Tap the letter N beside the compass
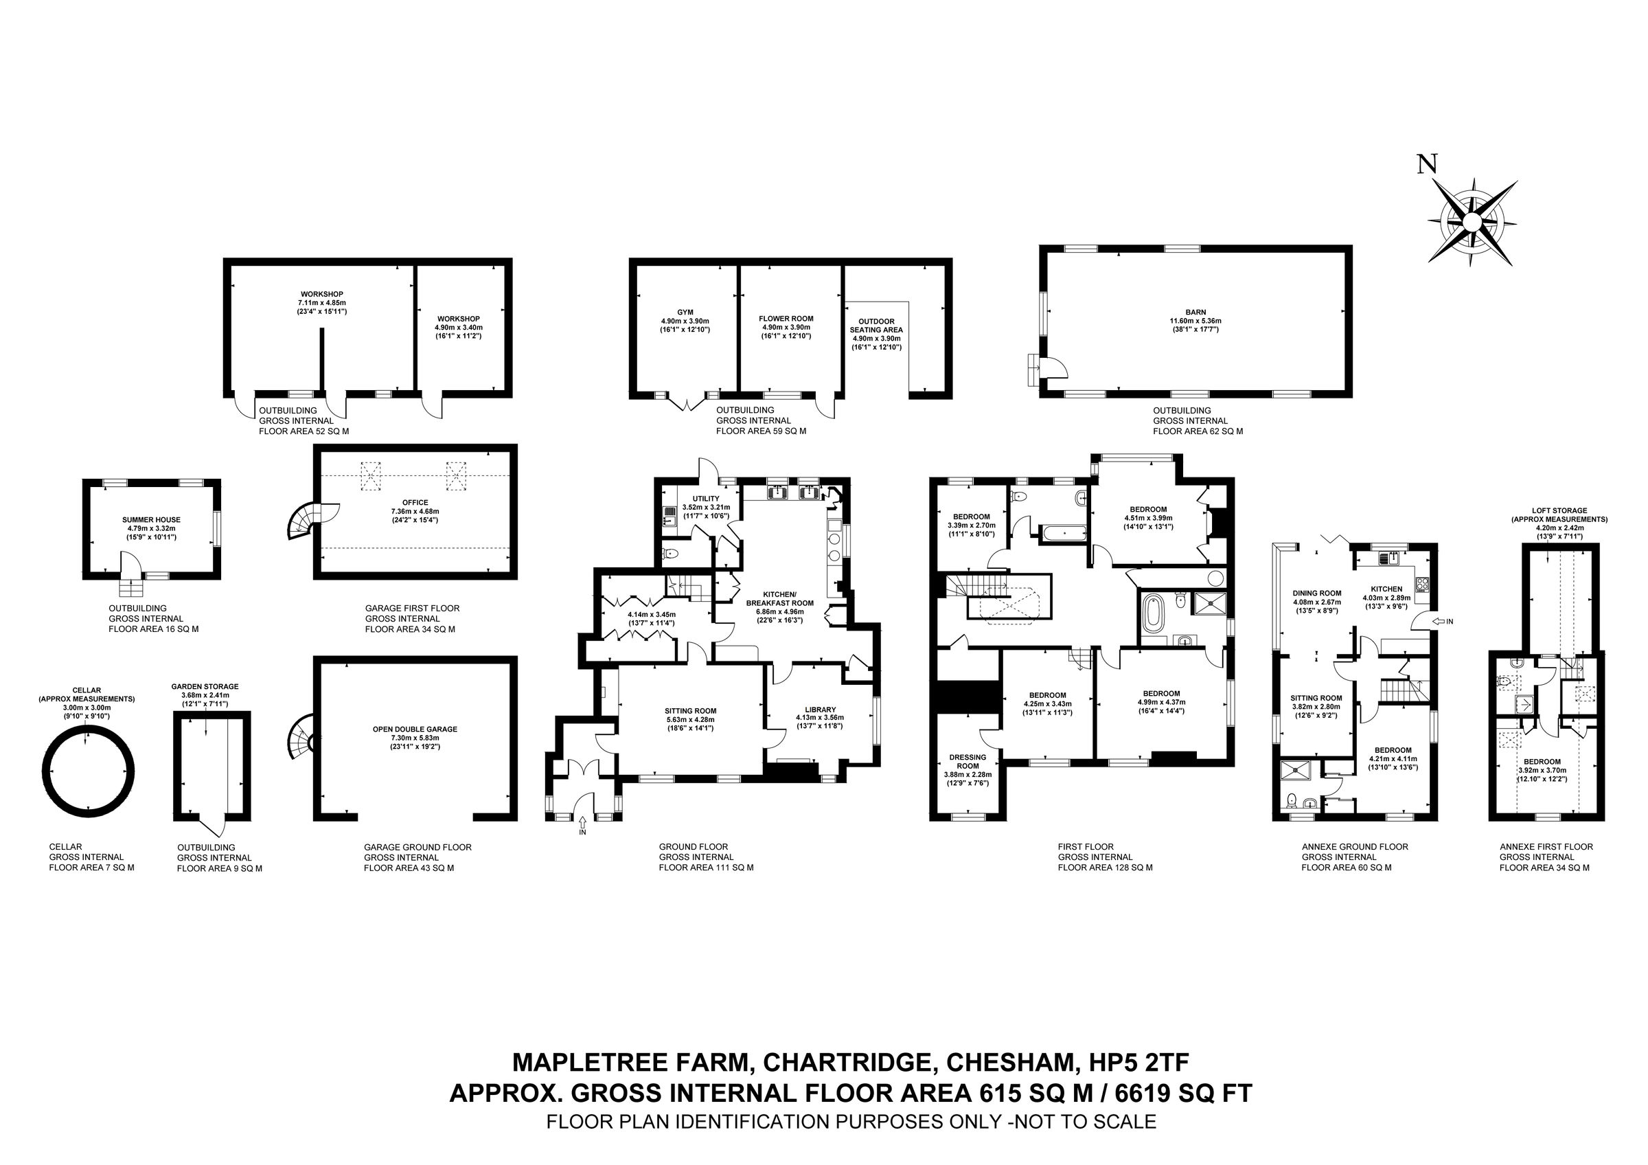pos(1427,164)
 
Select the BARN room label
pos(1195,313)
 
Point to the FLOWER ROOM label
pos(786,319)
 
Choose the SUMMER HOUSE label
pos(151,520)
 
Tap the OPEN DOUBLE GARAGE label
pos(415,729)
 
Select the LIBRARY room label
pos(820,709)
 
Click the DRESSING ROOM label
pos(968,762)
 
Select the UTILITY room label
pos(706,498)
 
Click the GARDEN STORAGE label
pos(205,686)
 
